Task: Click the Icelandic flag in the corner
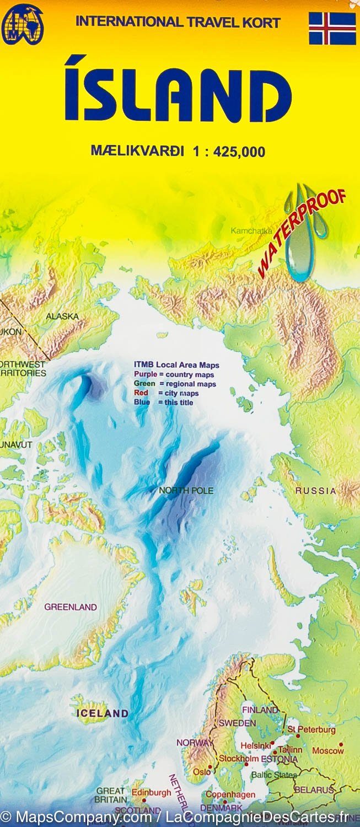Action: tap(332, 28)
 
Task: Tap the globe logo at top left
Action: tap(22, 24)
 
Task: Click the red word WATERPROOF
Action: tap(302, 232)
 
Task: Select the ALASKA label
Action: tap(62, 316)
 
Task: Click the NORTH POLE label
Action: tap(186, 490)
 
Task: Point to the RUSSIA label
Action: tap(315, 491)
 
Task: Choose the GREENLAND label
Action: tap(71, 607)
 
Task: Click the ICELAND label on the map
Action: tap(102, 713)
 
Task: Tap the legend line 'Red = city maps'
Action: tap(166, 393)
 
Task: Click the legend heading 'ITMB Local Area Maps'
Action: tap(176, 365)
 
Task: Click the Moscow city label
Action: tap(327, 750)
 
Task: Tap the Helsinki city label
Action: tap(255, 745)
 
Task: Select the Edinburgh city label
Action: tap(151, 792)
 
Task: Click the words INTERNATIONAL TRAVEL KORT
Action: tap(178, 23)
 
